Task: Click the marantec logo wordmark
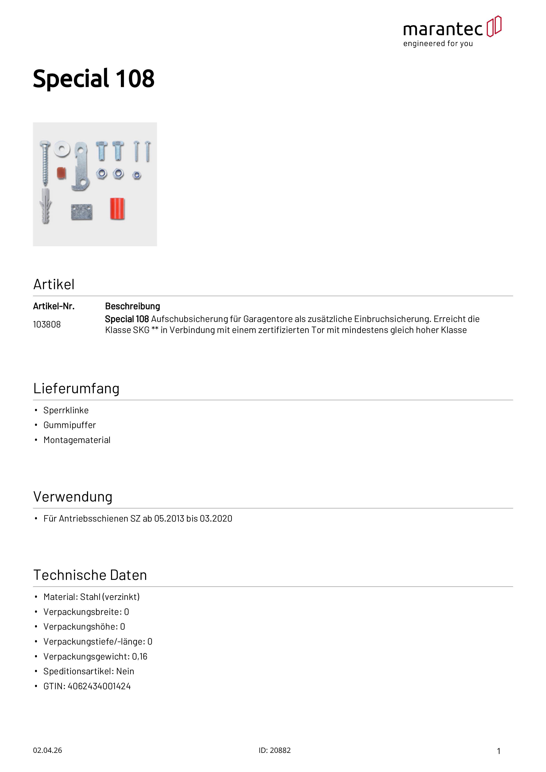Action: coord(443,29)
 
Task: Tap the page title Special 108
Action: coord(94,79)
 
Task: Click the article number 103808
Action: coord(47,324)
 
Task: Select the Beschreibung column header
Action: coord(133,306)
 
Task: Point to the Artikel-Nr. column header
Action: coord(54,306)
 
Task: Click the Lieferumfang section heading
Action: coord(76,389)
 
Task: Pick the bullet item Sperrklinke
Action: coord(66,410)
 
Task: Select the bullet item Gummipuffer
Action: coord(70,425)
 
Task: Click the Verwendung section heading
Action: coord(73,497)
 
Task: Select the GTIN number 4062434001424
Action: coord(99,686)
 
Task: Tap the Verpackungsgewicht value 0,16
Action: coord(140,656)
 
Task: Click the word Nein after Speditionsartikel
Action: coord(125,671)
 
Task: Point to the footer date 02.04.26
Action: coord(47,750)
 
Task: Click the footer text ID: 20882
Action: coord(275,750)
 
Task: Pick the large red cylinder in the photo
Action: coord(117,209)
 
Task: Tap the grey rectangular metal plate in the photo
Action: coord(81,212)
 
